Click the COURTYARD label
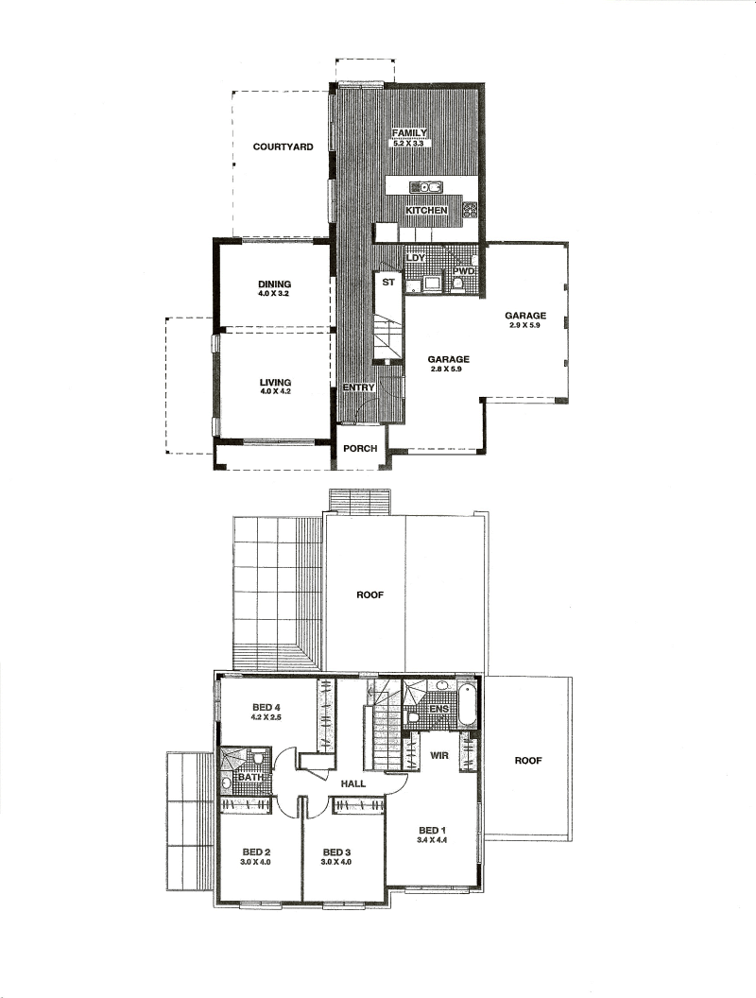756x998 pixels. tap(283, 146)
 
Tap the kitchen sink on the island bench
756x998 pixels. tap(426, 186)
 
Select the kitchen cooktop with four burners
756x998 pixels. tap(470, 210)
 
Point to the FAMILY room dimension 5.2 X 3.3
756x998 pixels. tap(408, 144)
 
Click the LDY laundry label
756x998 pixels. tap(415, 258)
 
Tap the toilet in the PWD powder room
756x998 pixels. tap(457, 285)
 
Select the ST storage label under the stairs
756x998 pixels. tap(388, 282)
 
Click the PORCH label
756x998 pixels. tap(360, 448)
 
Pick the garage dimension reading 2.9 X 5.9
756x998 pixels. tap(525, 325)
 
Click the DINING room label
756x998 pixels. tap(275, 284)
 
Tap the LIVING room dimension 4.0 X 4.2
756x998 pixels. tap(275, 392)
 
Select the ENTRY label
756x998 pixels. tap(359, 387)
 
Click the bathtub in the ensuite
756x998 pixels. tap(467, 704)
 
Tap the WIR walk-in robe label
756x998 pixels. tap(439, 755)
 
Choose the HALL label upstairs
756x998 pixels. tap(353, 783)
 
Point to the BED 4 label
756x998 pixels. tap(266, 707)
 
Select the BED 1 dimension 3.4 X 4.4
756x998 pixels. tap(433, 840)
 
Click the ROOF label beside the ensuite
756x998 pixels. tap(528, 761)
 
